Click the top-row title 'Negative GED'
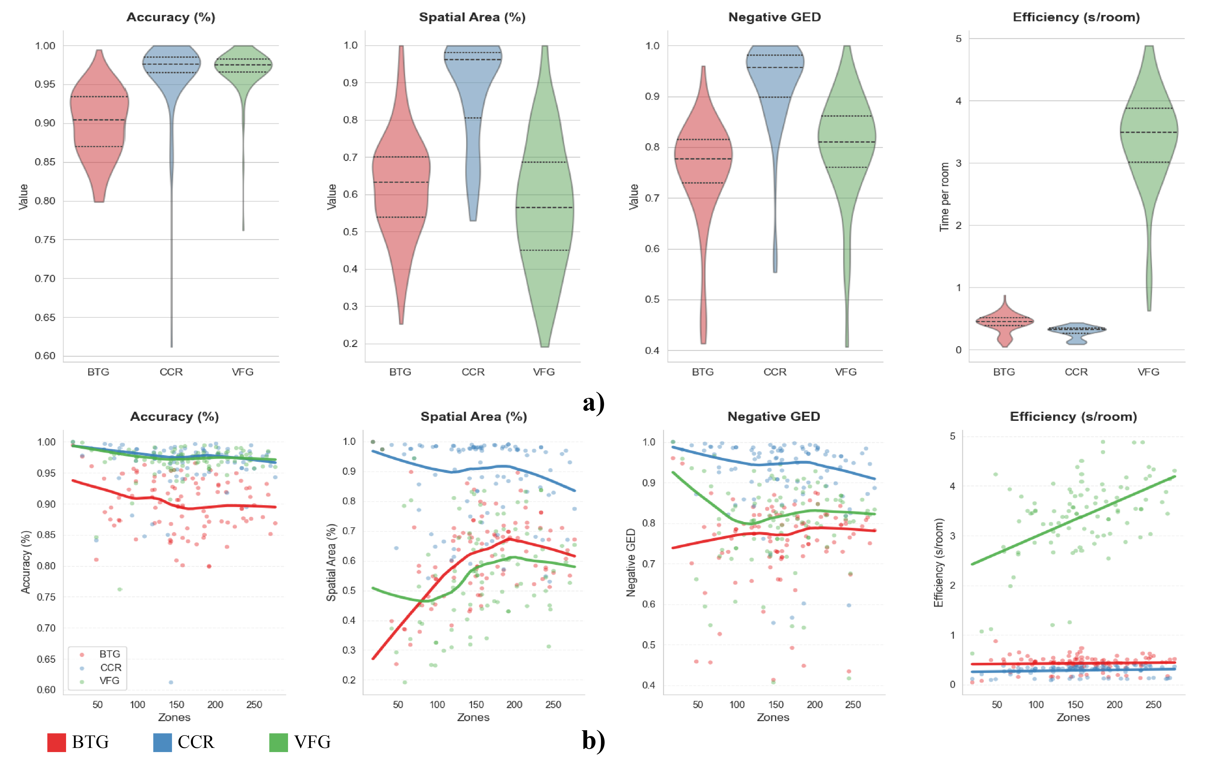(774, 17)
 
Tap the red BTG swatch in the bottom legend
(57, 742)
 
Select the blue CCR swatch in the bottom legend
(163, 742)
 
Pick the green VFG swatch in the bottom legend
(278, 742)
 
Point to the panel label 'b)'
(593, 740)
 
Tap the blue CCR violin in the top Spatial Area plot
(473, 101)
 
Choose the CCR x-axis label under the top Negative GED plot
(775, 372)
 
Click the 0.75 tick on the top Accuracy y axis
(45, 239)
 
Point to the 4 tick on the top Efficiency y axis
(958, 101)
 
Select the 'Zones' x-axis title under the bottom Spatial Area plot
(473, 718)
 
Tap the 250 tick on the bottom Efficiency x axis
(1153, 705)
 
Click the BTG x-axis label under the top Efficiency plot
(1004, 372)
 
